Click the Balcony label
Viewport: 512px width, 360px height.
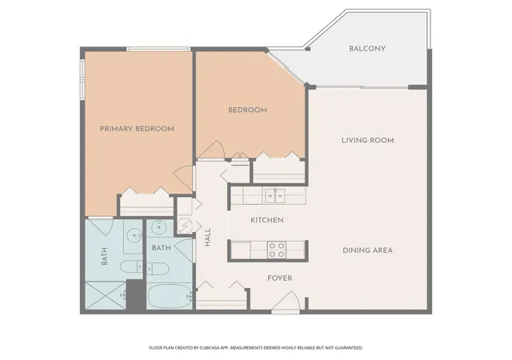(x=367, y=49)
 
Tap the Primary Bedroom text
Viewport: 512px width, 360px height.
(x=137, y=129)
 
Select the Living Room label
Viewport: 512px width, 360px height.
(x=368, y=141)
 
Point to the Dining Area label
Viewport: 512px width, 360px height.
(x=367, y=250)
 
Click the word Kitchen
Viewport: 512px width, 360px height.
(x=266, y=220)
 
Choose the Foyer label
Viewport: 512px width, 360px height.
(x=280, y=278)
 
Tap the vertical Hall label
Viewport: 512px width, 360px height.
(x=208, y=237)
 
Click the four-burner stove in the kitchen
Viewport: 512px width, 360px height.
(x=277, y=250)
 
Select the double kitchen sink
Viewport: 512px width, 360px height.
(x=274, y=196)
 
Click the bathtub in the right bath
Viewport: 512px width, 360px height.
(x=170, y=296)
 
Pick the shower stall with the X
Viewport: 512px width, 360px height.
(x=106, y=294)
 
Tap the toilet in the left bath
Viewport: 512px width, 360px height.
(x=131, y=266)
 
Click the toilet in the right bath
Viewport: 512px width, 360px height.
(x=158, y=269)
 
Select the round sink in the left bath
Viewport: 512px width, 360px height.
(x=134, y=234)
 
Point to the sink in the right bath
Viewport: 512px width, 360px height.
(x=159, y=226)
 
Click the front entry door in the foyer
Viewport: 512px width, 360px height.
(x=286, y=301)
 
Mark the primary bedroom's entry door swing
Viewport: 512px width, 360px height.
(x=183, y=178)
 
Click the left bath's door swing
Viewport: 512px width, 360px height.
(x=101, y=226)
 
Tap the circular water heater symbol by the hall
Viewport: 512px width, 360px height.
(x=184, y=225)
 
